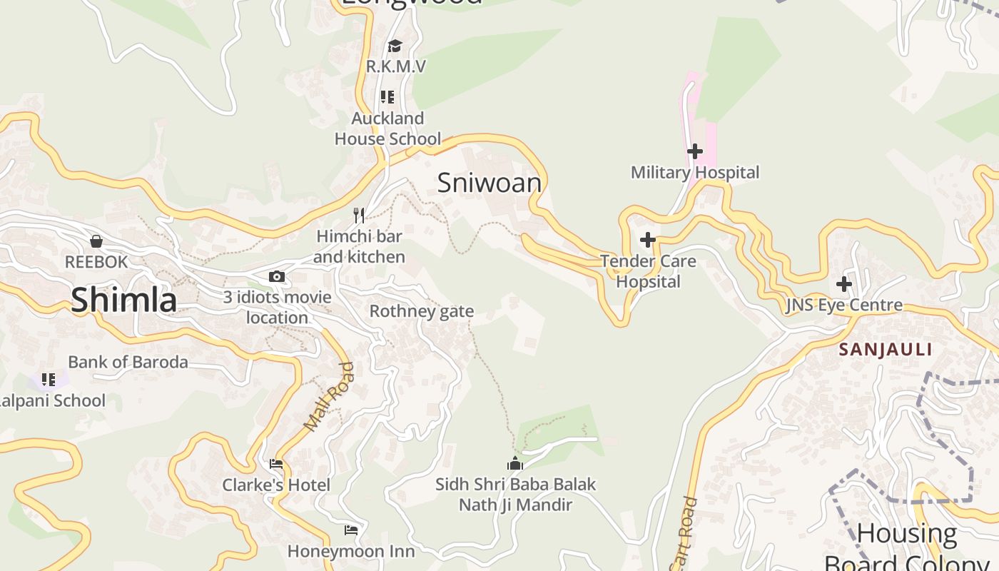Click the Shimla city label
(123, 300)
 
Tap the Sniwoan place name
(489, 183)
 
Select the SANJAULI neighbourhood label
(886, 350)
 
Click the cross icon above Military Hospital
(694, 151)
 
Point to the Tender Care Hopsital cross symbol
(647, 240)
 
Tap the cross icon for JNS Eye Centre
(843, 284)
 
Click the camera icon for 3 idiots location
(277, 277)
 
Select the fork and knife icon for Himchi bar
(359, 215)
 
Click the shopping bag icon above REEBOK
(96, 241)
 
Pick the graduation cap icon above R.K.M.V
(395, 46)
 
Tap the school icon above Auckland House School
(387, 97)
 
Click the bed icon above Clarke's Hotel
(276, 465)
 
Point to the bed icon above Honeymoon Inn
(350, 530)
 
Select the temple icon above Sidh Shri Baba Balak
(514, 464)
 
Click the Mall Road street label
(329, 397)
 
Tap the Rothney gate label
(421, 311)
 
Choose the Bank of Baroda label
(128, 362)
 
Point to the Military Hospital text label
(695, 173)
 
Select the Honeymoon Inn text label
(350, 551)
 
